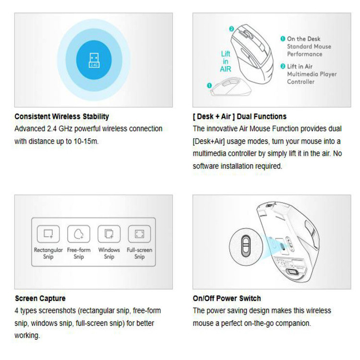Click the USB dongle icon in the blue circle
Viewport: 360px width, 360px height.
(x=94, y=60)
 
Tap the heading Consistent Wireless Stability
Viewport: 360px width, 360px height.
(x=62, y=117)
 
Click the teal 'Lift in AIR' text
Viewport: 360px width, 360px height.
(x=226, y=61)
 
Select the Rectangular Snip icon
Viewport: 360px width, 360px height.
(x=48, y=234)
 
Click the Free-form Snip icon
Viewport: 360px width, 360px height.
(x=79, y=234)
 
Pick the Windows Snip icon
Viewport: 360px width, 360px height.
(x=109, y=234)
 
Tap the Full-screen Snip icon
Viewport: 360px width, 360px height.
(x=139, y=234)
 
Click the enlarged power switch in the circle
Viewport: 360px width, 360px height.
(x=246, y=246)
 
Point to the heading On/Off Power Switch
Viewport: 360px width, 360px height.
(x=227, y=298)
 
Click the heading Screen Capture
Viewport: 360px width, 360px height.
(x=40, y=298)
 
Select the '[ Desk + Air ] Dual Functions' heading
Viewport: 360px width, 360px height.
(x=240, y=117)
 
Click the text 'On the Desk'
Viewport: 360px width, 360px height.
(x=303, y=39)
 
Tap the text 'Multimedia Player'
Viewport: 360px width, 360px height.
(x=312, y=74)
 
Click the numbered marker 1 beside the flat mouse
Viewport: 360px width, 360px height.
(x=209, y=85)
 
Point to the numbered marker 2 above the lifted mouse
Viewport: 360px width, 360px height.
(x=231, y=29)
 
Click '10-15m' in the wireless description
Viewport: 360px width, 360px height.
(x=86, y=141)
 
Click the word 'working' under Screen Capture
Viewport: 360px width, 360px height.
(x=27, y=336)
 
